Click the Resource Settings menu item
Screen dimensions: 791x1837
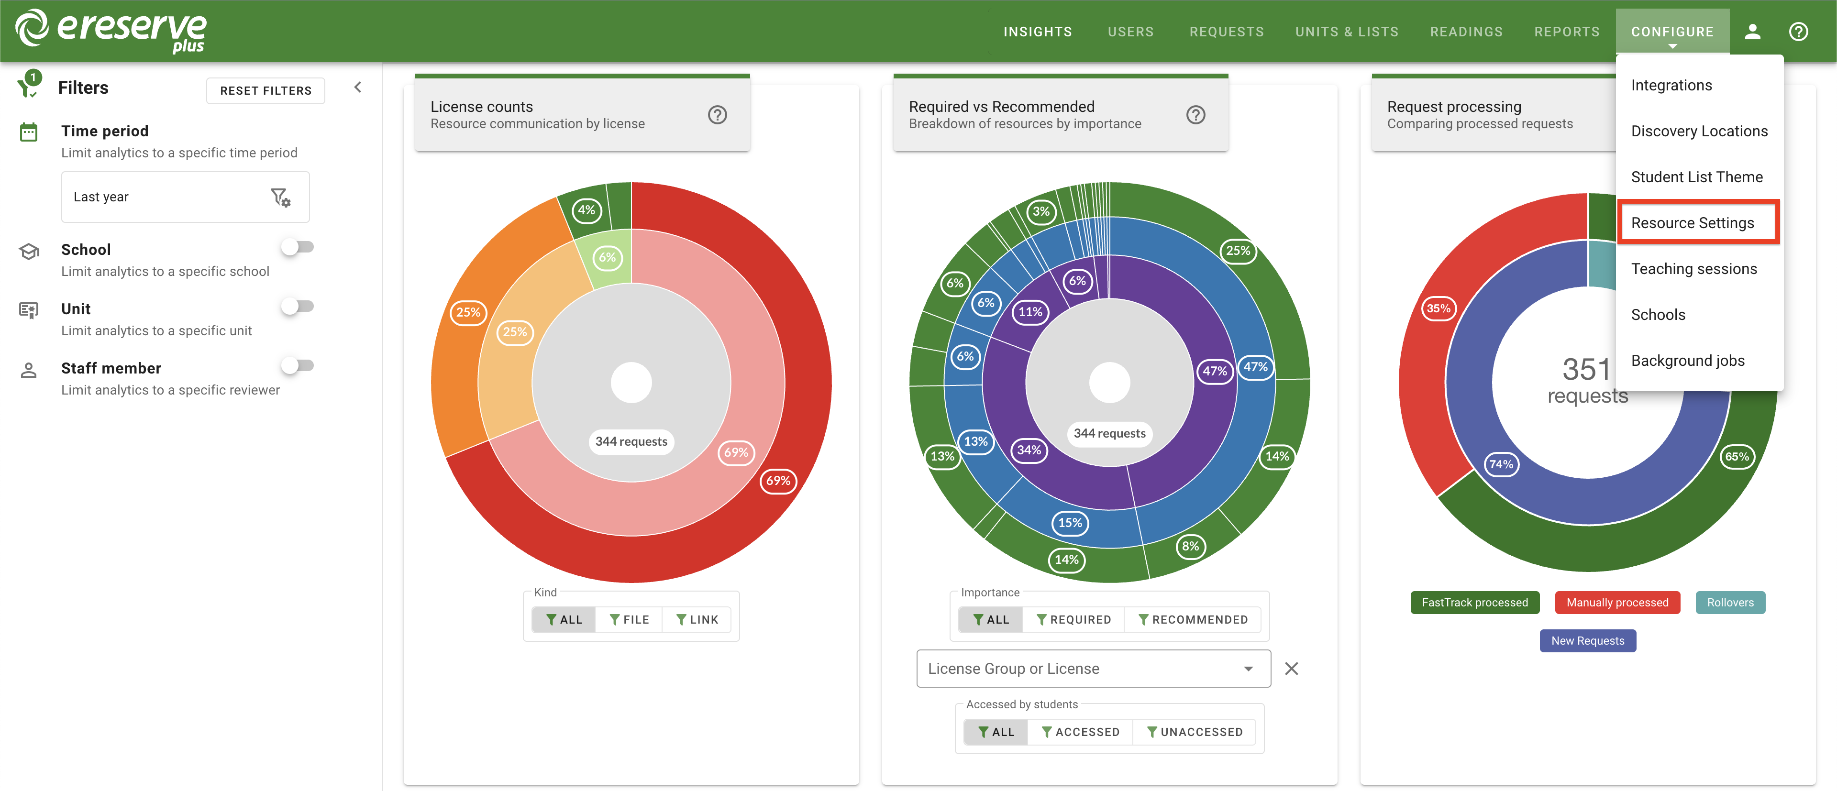click(1692, 223)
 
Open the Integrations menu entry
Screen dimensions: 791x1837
click(1671, 86)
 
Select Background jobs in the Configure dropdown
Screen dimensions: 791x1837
click(1687, 361)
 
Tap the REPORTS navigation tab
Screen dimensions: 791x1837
click(1566, 32)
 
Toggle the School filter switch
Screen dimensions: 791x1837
click(298, 247)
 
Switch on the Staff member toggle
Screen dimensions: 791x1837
click(298, 365)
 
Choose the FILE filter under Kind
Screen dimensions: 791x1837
click(629, 620)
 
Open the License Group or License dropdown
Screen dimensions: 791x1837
click(1093, 669)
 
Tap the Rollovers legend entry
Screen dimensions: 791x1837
click(1729, 602)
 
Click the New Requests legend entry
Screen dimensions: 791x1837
click(1587, 641)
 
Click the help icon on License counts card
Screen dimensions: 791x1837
click(717, 115)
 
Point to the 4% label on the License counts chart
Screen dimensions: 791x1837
click(586, 210)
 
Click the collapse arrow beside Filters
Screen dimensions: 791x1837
click(358, 88)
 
